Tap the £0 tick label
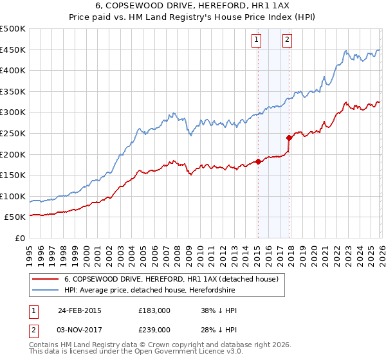[x=19, y=238]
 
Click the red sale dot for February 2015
[x=258, y=161]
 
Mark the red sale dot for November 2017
[x=289, y=138]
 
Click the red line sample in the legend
[x=45, y=280]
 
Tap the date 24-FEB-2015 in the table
[x=80, y=310]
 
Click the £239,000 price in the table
[x=154, y=329]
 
